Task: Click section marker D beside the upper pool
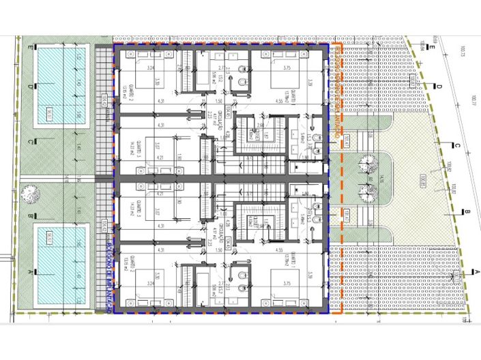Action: point(30,87)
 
